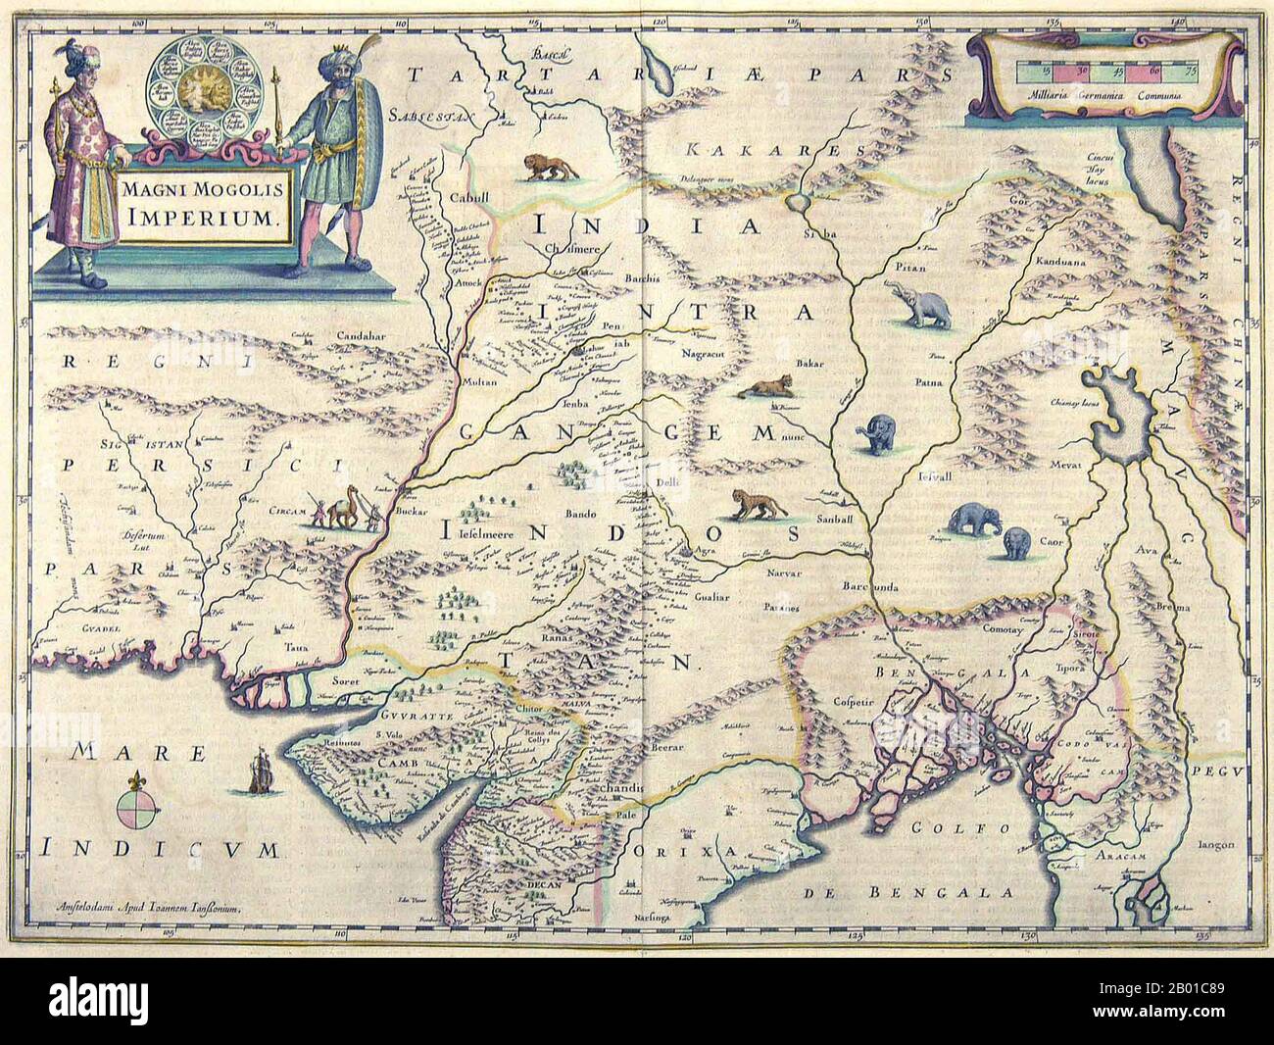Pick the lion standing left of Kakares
[543, 168]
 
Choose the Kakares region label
[731, 149]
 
